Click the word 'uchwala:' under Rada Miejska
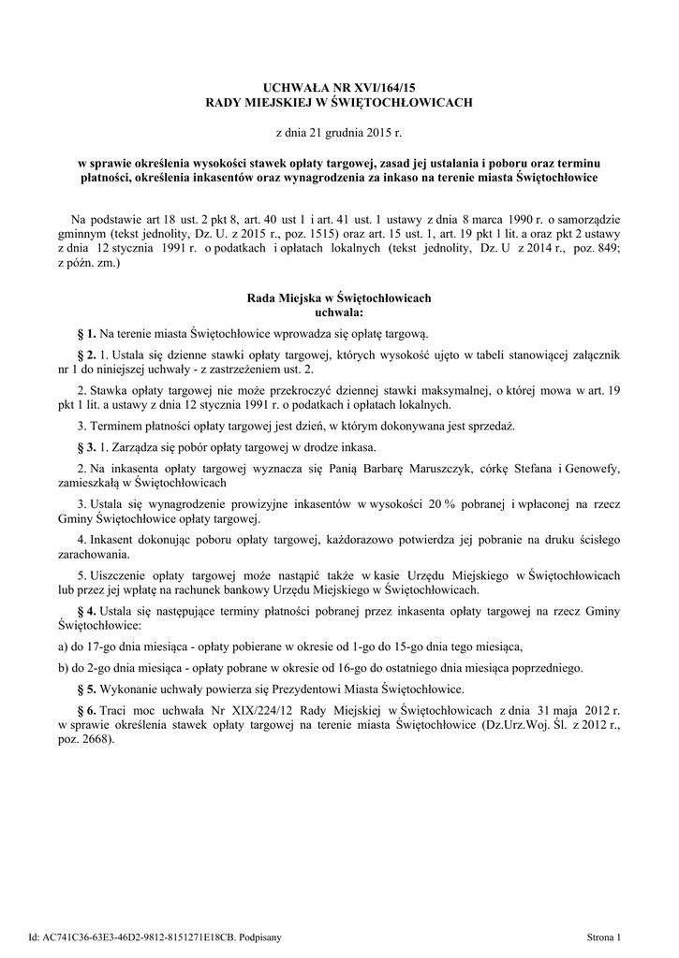pyautogui.click(x=339, y=312)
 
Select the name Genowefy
pyautogui.click(x=592, y=467)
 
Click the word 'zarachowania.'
pyautogui.click(x=89, y=554)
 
